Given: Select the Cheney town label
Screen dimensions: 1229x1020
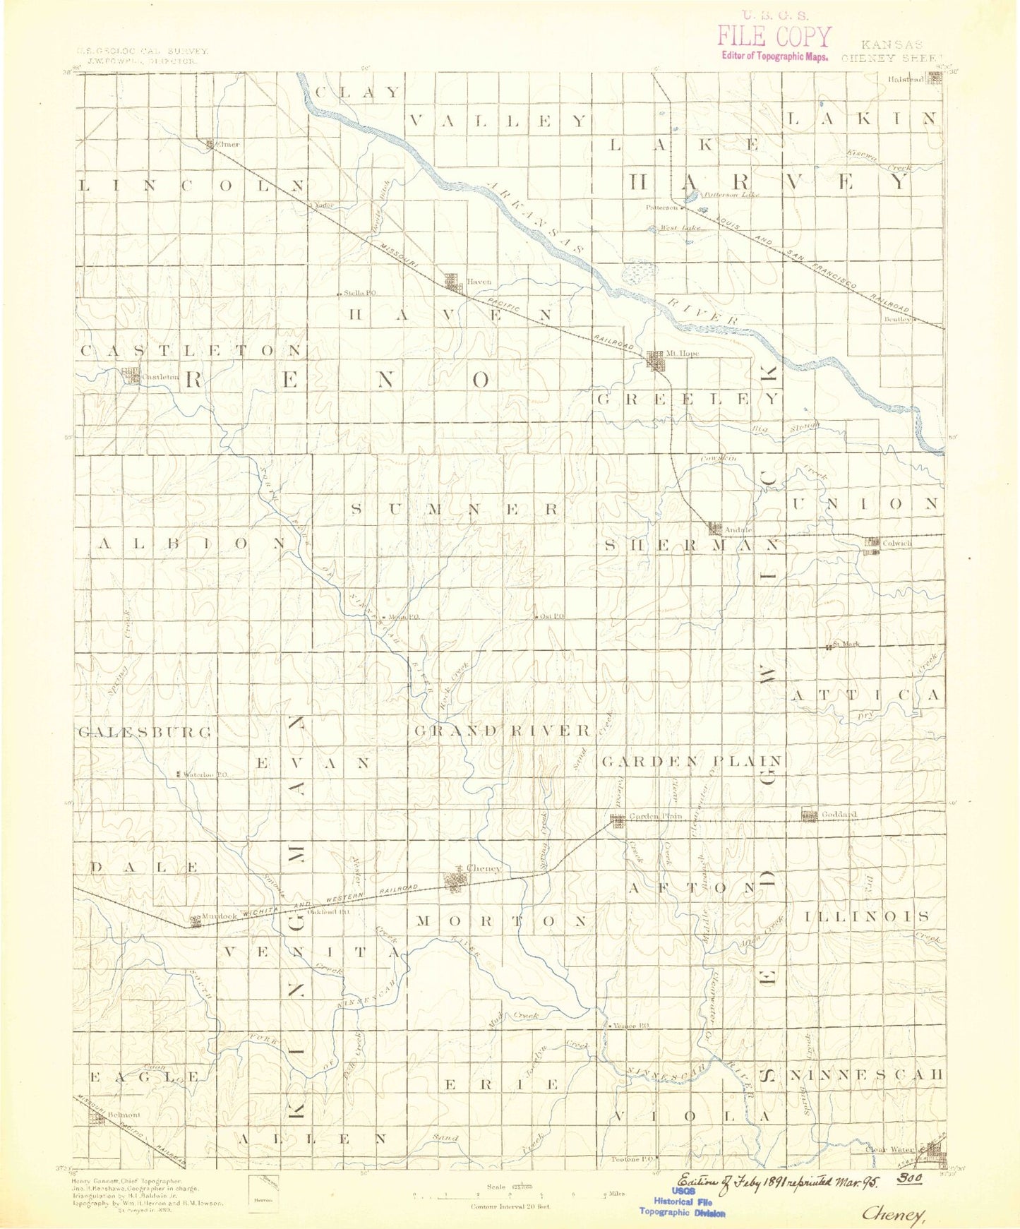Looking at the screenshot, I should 484,868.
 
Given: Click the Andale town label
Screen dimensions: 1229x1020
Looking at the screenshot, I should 739,529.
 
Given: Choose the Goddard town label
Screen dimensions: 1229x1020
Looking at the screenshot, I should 839,815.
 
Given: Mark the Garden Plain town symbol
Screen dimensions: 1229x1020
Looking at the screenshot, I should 617,820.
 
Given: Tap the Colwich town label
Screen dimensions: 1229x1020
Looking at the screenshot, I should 897,543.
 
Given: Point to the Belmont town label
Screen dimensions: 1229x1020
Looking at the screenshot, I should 124,1115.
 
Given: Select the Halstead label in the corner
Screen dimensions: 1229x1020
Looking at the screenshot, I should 906,80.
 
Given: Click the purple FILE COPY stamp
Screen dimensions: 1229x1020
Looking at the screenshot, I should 774,36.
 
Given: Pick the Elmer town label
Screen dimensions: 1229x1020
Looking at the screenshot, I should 228,144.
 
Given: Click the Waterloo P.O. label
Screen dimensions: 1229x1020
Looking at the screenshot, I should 205,774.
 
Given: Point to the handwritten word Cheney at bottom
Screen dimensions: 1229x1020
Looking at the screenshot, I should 894,1214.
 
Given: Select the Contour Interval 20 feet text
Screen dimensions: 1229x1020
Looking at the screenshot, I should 510,1206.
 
